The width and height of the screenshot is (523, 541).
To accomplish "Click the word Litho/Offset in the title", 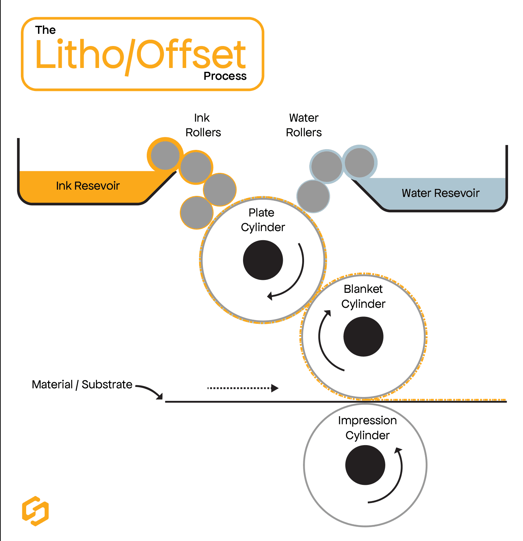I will pos(141,55).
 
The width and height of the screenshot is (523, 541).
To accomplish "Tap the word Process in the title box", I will pos(225,76).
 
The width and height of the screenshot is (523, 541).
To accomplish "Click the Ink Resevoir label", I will pos(88,186).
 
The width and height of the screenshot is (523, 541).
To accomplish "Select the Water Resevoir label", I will pos(440,193).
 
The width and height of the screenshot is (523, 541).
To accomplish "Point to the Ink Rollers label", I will pos(203,125).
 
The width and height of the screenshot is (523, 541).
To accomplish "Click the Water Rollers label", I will pos(304,125).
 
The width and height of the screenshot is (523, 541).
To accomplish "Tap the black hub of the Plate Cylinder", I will pos(263,260).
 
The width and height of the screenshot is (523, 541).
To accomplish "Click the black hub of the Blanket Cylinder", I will pos(363,336).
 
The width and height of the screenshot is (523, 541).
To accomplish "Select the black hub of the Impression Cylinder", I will pos(365,465).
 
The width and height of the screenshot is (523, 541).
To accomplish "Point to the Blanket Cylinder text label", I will pos(363,296).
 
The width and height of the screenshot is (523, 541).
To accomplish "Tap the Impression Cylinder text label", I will pos(367,428).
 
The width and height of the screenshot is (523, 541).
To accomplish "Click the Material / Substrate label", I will pos(82,384).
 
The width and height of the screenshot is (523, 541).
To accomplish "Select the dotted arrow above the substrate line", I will pos(243,388).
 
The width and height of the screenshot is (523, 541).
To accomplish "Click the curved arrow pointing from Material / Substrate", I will pos(150,391).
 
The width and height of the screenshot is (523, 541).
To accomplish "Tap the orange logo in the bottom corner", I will pos(35,511).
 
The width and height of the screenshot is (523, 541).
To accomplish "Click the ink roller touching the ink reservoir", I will pos(165,155).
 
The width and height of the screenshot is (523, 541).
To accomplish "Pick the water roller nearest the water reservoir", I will pos(359,162).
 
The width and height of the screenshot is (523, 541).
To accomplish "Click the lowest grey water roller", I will pos(313,196).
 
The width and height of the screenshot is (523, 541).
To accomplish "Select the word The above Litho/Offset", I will pos(45,30).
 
